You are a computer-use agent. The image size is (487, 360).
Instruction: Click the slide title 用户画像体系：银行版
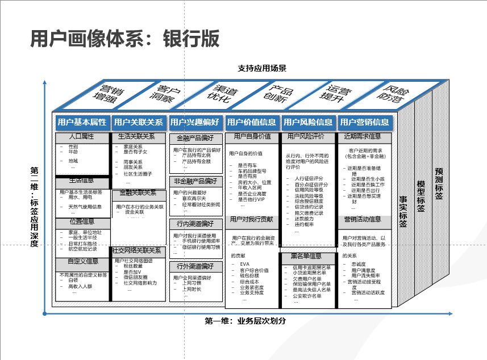(x=124, y=38)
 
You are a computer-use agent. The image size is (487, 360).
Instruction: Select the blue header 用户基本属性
(x=82, y=122)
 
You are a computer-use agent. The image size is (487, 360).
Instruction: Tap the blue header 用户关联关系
(x=138, y=122)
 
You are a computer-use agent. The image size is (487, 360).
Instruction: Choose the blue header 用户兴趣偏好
(x=195, y=122)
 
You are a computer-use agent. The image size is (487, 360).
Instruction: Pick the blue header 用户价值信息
(x=252, y=122)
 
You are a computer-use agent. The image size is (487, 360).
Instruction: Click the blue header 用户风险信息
(x=308, y=122)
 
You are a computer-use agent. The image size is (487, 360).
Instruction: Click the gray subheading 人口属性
(x=81, y=137)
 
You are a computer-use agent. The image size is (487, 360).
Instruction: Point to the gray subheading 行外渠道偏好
(x=195, y=266)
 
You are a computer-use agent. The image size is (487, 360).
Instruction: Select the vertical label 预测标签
(x=439, y=183)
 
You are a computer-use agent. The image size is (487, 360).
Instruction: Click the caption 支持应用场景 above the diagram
(x=262, y=69)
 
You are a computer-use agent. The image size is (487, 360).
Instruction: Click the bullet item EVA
(x=245, y=264)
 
